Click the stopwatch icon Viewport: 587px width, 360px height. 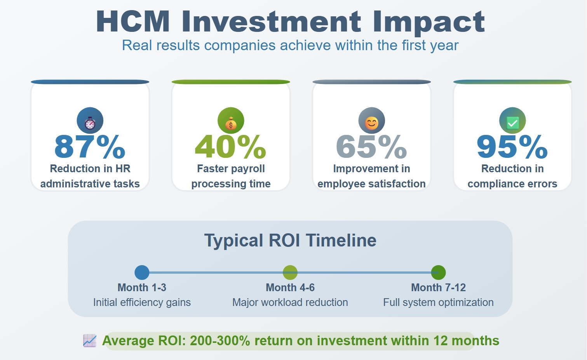coord(90,123)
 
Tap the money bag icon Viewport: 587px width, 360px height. coord(231,123)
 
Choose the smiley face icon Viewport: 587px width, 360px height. coord(372,123)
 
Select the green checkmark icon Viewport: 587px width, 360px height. coord(512,123)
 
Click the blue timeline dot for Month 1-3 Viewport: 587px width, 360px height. coord(142,273)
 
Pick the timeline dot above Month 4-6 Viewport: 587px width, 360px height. coord(290,273)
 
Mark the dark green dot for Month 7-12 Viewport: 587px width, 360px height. coord(439,273)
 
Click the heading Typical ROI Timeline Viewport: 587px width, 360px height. coord(290,240)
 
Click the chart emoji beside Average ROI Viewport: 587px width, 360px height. coord(90,341)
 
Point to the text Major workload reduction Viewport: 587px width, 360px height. coord(290,302)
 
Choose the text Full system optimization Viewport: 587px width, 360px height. coord(439,302)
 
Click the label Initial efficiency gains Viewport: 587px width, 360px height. coord(142,302)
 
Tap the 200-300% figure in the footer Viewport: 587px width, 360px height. coord(220,341)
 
